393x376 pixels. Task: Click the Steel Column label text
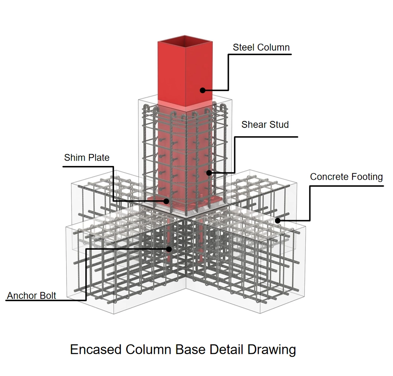pyautogui.click(x=261, y=47)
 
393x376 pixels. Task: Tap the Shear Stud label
pyautogui.click(x=265, y=125)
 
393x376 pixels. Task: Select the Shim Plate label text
pyautogui.click(x=87, y=157)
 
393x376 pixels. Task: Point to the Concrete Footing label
pyautogui.click(x=346, y=177)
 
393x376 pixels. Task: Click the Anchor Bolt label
pyautogui.click(x=31, y=295)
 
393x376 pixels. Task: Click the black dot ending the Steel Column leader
pyautogui.click(x=202, y=90)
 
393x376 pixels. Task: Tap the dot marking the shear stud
pyautogui.click(x=209, y=173)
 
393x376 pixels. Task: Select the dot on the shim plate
pyautogui.click(x=167, y=201)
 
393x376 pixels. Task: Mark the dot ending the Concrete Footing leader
pyautogui.click(x=277, y=221)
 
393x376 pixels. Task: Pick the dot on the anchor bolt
pyautogui.click(x=168, y=248)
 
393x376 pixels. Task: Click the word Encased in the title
pyautogui.click(x=96, y=350)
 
